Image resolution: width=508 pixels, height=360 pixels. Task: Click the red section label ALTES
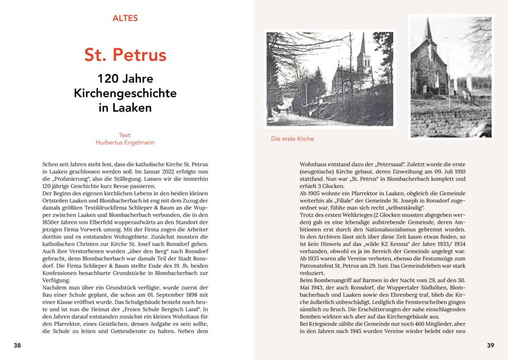[125, 18]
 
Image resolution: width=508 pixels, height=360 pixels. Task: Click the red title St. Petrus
[125, 55]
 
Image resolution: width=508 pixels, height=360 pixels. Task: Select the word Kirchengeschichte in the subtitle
[125, 93]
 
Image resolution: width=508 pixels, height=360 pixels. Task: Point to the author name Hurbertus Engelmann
[125, 143]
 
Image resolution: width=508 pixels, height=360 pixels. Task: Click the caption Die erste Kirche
[293, 139]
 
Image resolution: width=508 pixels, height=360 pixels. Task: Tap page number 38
[17, 345]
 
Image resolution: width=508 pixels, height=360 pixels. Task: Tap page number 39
[490, 345]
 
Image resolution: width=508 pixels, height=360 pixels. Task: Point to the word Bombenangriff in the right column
[329, 280]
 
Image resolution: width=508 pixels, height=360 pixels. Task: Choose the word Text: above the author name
[125, 135]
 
